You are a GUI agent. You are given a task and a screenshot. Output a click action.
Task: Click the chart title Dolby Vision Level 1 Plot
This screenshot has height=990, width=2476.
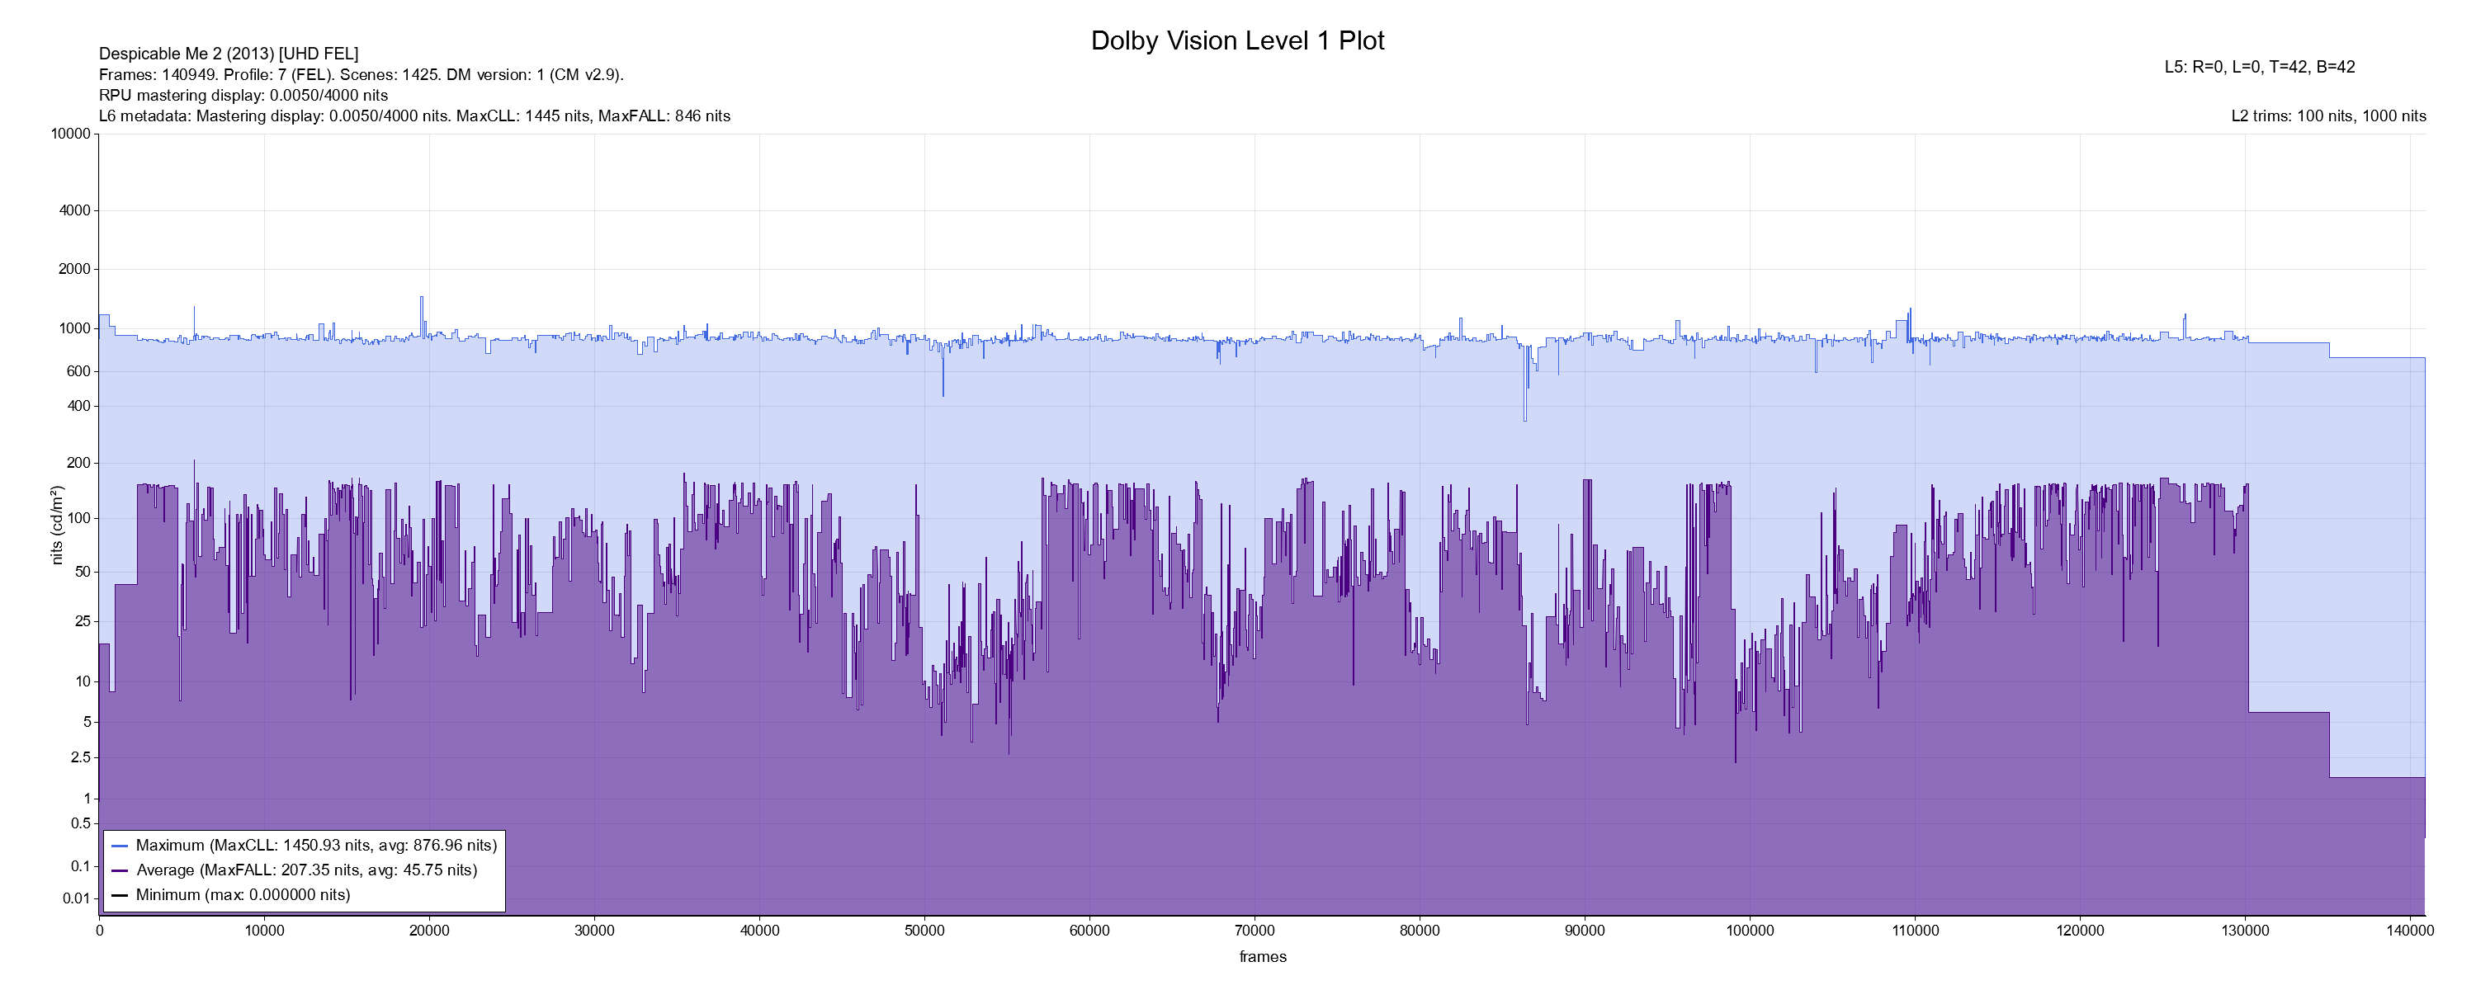tap(1237, 41)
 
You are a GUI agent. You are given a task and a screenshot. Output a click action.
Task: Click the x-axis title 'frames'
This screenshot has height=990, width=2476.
tap(1262, 956)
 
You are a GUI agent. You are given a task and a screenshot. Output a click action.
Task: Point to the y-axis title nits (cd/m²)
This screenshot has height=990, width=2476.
tap(57, 525)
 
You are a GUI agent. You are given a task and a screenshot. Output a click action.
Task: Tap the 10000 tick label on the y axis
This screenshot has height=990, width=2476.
tap(70, 134)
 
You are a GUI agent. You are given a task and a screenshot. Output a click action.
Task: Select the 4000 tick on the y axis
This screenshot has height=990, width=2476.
tap(74, 210)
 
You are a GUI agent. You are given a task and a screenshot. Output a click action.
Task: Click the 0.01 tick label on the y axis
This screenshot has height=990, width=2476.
tap(76, 898)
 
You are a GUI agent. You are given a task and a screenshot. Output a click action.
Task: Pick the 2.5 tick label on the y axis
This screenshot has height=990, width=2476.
tap(80, 757)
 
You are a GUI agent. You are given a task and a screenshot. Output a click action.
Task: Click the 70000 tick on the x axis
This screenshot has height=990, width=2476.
tap(1255, 931)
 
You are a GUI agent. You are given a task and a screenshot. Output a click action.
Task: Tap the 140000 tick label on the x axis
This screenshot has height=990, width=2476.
tap(2410, 931)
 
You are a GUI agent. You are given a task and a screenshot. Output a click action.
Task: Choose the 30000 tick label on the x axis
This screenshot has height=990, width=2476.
tap(594, 931)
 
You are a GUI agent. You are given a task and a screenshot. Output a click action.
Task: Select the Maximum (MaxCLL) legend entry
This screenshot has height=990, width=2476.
tap(315, 846)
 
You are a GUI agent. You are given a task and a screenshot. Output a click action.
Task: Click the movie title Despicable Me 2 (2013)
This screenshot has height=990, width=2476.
tap(229, 54)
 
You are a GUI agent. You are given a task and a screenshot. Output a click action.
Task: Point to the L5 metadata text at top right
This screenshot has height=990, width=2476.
tap(2259, 68)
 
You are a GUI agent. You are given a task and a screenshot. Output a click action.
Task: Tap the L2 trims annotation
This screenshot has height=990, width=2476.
tap(2328, 116)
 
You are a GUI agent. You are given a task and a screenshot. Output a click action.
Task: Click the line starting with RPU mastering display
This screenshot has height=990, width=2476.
tap(243, 95)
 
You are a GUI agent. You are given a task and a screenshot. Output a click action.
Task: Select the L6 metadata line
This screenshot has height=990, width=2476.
tap(414, 116)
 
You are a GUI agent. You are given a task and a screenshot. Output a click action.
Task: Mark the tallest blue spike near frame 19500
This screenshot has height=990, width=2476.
tap(421, 298)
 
